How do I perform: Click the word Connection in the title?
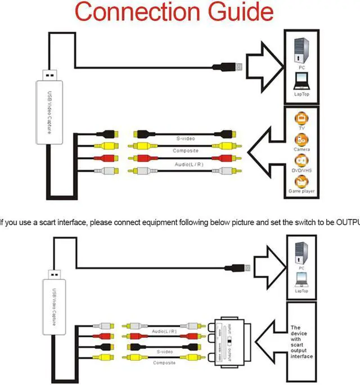pos(133,12)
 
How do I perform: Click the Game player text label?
pos(302,192)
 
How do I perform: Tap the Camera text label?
pos(302,150)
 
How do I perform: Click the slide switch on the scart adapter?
pos(229,343)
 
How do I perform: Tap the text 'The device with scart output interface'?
pos(301,342)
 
